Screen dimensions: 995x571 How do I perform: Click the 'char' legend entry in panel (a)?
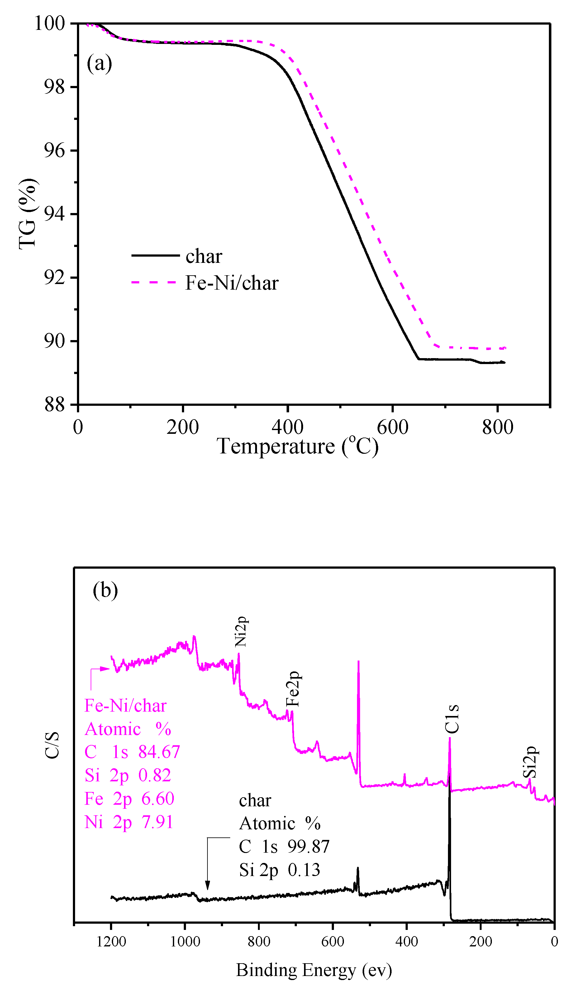pos(203,257)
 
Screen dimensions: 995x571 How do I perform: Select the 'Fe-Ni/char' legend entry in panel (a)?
pos(231,283)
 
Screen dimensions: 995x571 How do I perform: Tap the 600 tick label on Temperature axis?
pos(392,427)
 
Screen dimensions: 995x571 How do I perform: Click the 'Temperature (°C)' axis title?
pos(298,447)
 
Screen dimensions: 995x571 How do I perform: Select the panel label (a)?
pos(99,64)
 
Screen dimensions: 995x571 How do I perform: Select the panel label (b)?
pos(105,590)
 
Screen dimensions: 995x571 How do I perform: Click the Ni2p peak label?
pos(240,632)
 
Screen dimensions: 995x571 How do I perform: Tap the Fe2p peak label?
pos(293,689)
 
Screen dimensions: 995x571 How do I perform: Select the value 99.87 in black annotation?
pos(308,847)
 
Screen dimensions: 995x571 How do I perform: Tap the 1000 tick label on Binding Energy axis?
pos(185,942)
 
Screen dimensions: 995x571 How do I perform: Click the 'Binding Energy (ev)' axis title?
pos(314,971)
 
